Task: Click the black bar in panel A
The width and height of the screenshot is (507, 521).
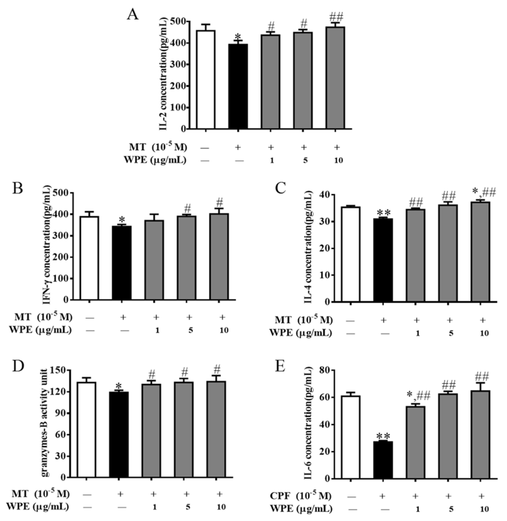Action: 238,86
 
